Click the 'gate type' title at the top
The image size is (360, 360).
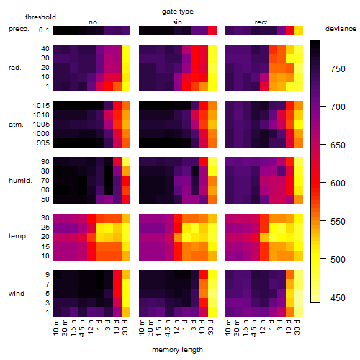pos(178,12)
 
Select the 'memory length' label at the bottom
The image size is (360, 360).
pos(177,350)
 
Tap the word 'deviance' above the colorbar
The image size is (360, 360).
pos(341,29)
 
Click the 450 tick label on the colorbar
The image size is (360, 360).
pos(338,298)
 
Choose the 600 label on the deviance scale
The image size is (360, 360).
pos(338,184)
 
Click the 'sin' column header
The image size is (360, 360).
pos(177,22)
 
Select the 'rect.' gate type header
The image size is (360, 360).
pos(262,22)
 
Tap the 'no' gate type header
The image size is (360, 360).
pos(93,22)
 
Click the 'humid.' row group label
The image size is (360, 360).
pos(20,181)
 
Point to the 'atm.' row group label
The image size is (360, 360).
pos(16,125)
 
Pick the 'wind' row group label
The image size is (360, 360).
pos(17,294)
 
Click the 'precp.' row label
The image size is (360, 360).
pos(19,29)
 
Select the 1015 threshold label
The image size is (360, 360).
pos(41,106)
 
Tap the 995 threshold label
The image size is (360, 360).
pos(43,143)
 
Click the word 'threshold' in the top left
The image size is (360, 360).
pos(40,17)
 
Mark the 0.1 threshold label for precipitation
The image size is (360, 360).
pos(44,30)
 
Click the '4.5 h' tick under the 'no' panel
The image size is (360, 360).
pos(82,328)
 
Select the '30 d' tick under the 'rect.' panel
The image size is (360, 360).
pos(297,327)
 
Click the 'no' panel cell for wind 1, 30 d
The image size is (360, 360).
pos(126,312)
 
